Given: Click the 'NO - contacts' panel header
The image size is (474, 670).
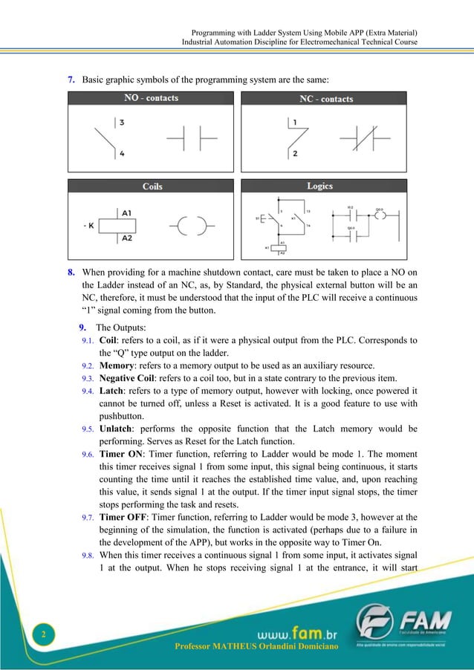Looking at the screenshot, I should [x=151, y=98].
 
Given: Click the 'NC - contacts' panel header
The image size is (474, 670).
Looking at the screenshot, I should [x=326, y=99].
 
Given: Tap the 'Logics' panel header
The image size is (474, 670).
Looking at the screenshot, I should [x=319, y=186].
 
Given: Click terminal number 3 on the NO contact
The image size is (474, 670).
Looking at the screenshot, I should [x=121, y=121].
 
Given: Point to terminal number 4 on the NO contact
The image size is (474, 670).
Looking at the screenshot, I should [x=121, y=154].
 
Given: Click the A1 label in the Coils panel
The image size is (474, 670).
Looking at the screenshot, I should [x=127, y=212].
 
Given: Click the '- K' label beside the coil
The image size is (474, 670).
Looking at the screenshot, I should [x=88, y=225].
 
